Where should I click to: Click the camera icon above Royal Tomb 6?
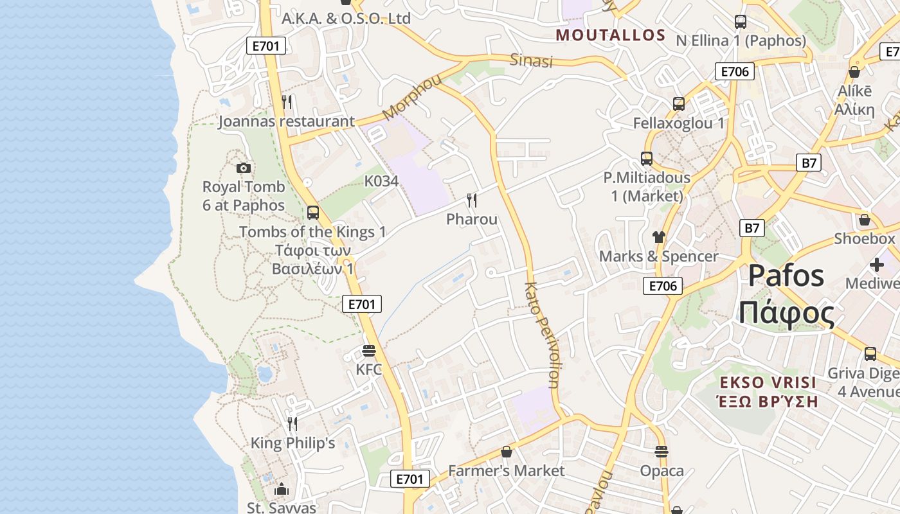click(244, 168)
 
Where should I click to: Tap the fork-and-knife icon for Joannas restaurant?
click(287, 102)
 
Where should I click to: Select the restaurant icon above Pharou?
click(472, 200)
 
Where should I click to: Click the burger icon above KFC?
click(368, 351)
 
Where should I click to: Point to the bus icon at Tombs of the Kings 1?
click(313, 212)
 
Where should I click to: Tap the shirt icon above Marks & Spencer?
click(658, 237)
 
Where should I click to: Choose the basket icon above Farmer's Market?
click(507, 452)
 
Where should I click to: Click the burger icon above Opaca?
click(661, 451)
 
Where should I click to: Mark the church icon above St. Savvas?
click(282, 489)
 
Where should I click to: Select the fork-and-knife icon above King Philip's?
click(292, 423)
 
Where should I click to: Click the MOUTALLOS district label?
click(611, 35)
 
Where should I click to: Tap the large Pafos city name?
click(786, 276)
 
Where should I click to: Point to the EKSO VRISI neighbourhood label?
click(768, 383)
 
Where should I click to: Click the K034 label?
click(381, 181)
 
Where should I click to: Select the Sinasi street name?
click(531, 61)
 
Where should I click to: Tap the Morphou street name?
click(413, 97)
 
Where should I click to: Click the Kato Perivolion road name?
click(542, 335)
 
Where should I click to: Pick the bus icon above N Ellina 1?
click(741, 22)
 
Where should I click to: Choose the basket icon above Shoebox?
click(865, 220)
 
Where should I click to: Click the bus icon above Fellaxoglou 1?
click(679, 103)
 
